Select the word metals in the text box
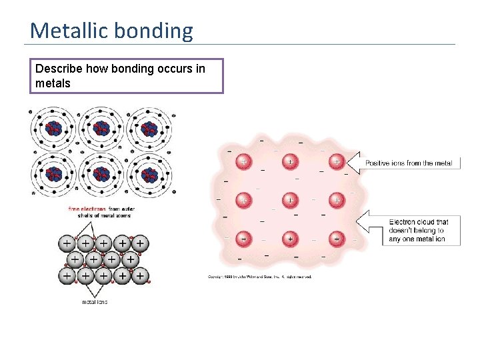click(53, 83)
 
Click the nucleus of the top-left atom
click(53, 128)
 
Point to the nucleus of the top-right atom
click(149, 128)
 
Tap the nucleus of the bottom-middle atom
click(101, 175)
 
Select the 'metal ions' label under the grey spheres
click(95, 301)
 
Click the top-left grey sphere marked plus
click(68, 244)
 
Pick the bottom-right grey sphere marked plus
click(141, 274)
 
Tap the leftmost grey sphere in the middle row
click(77, 259)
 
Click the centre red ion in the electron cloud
click(290, 199)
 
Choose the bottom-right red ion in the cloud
click(337, 238)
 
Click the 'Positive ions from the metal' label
click(409, 163)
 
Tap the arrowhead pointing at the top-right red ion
click(353, 162)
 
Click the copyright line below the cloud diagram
click(259, 277)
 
